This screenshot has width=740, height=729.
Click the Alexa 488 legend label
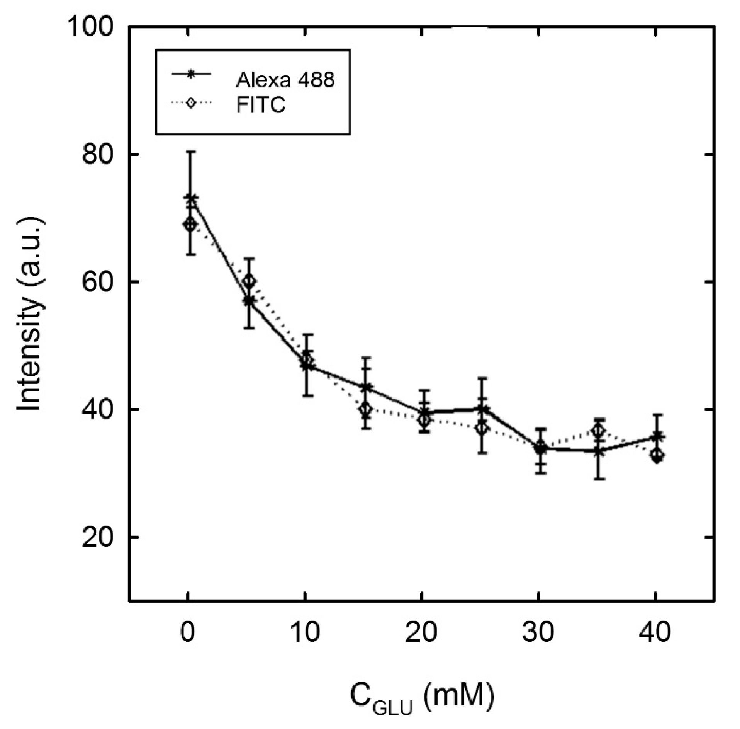[285, 80]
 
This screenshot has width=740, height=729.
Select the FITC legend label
[261, 104]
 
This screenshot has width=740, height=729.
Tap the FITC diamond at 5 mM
[249, 281]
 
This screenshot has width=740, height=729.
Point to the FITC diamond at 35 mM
[599, 430]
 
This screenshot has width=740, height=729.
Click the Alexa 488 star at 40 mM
[657, 437]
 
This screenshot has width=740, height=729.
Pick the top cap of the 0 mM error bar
[190, 151]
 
